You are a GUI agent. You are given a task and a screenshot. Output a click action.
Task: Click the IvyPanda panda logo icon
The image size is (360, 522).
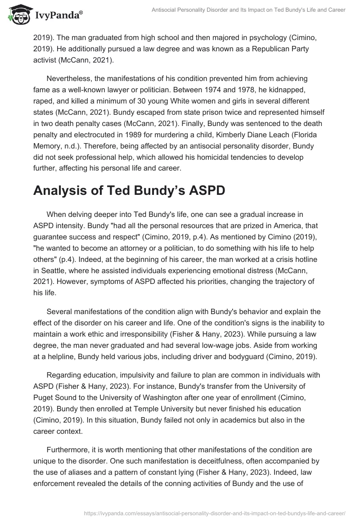(x=18, y=16)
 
